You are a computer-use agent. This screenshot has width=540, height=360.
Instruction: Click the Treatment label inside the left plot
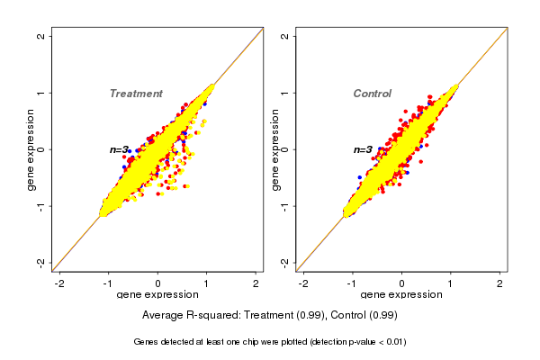pyautogui.click(x=136, y=94)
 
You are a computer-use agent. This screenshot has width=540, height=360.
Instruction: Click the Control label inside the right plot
pyautogui.click(x=372, y=94)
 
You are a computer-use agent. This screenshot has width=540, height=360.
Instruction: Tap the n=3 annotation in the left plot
pyautogui.click(x=121, y=149)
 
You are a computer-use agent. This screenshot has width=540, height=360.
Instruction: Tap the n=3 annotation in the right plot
pyautogui.click(x=363, y=149)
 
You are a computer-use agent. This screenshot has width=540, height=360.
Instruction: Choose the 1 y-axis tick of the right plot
pyautogui.click(x=284, y=93)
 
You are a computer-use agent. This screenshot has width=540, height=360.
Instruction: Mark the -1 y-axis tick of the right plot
pyautogui.click(x=284, y=205)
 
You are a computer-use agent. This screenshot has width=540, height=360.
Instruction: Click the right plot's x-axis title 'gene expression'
pyautogui.click(x=401, y=295)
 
